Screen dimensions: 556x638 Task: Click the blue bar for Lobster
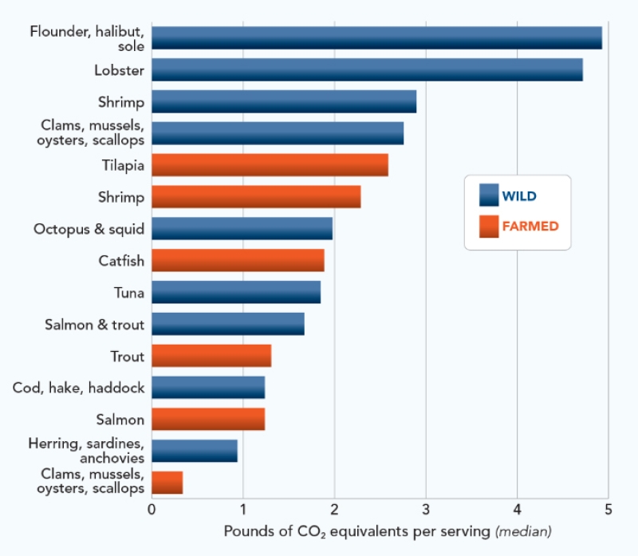[367, 70]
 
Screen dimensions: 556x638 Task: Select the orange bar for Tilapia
[270, 165]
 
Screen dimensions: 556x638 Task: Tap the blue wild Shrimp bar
[284, 102]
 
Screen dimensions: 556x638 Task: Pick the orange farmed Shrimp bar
[256, 197]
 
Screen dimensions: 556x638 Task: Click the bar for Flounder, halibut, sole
[376, 38]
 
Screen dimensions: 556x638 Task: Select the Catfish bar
[238, 261]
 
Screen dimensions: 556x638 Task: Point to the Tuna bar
[236, 293]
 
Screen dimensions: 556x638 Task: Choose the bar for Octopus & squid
[242, 229]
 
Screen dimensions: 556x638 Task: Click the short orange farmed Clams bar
[167, 483]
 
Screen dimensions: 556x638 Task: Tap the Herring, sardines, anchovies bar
[195, 452]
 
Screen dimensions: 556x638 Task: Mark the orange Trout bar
[211, 356]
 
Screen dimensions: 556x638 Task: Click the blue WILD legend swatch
[488, 195]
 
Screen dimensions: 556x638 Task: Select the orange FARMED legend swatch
[488, 227]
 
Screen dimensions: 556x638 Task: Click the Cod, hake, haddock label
[79, 388]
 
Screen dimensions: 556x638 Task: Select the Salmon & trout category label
[95, 325]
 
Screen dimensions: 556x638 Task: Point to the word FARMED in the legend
[530, 227]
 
